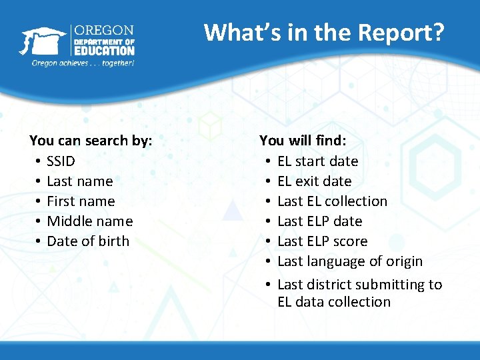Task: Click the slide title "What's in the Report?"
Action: tap(323, 32)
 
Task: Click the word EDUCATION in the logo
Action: tap(104, 50)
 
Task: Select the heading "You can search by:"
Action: tap(91, 141)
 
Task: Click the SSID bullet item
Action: tap(61, 161)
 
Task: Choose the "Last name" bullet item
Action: tap(80, 181)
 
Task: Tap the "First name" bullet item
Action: tap(81, 201)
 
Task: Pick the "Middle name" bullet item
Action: tap(90, 221)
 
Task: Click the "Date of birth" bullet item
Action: tap(88, 241)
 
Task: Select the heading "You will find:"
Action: tap(303, 141)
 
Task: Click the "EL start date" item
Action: tap(317, 161)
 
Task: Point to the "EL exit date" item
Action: tap(314, 181)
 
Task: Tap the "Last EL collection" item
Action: tap(332, 201)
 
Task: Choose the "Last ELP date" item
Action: tap(319, 221)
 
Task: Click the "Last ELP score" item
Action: tap(322, 241)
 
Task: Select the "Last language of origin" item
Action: tap(350, 261)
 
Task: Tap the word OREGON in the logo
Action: tap(104, 31)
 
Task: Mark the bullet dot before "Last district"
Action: tap(267, 285)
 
